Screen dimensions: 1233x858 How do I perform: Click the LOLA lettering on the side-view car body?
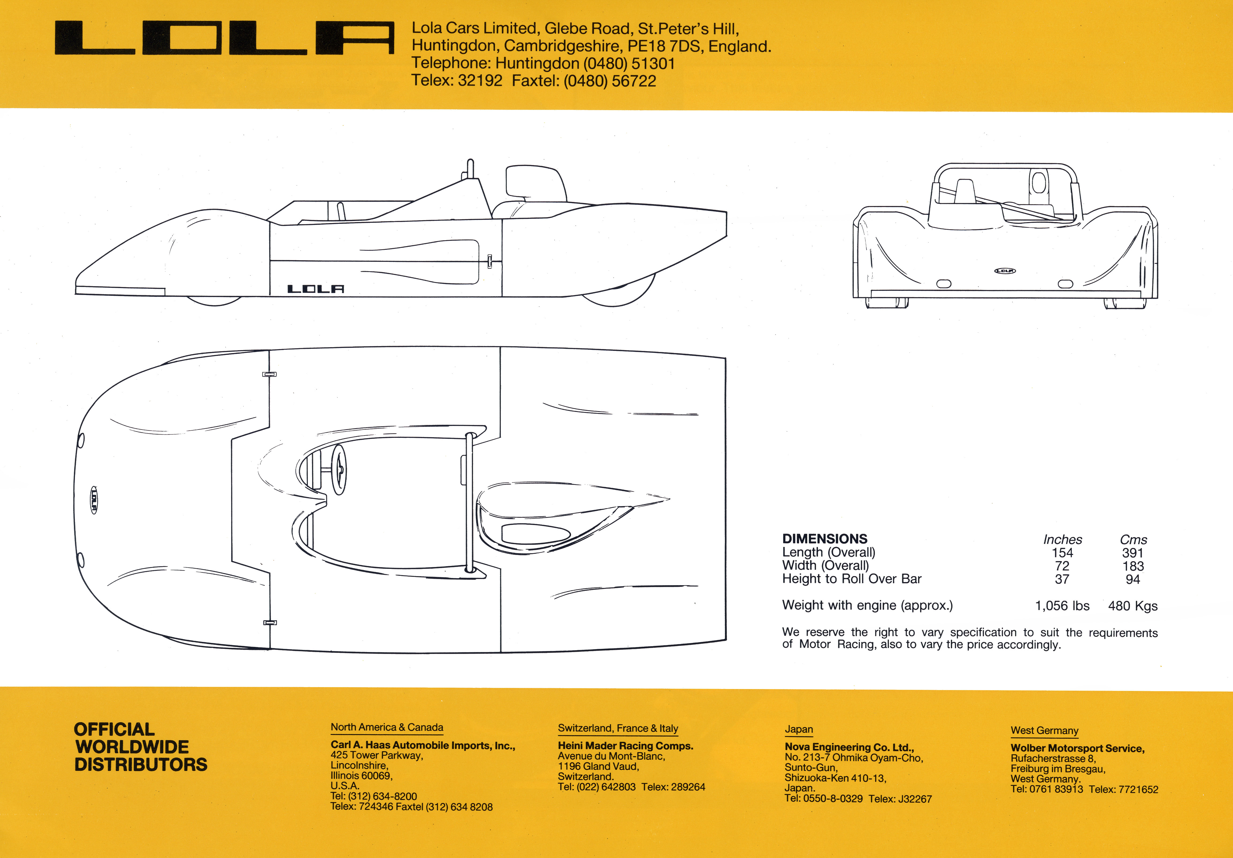316,289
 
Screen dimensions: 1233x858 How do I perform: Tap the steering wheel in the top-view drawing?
339,470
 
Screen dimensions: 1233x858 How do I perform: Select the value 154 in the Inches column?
1062,553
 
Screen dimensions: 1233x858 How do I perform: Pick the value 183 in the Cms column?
1133,566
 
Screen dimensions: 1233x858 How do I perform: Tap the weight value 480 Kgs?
1133,606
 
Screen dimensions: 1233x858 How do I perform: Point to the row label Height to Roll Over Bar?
852,579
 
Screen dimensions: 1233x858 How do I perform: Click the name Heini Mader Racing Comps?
625,746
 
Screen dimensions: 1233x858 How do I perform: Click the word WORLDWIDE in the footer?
132,747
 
